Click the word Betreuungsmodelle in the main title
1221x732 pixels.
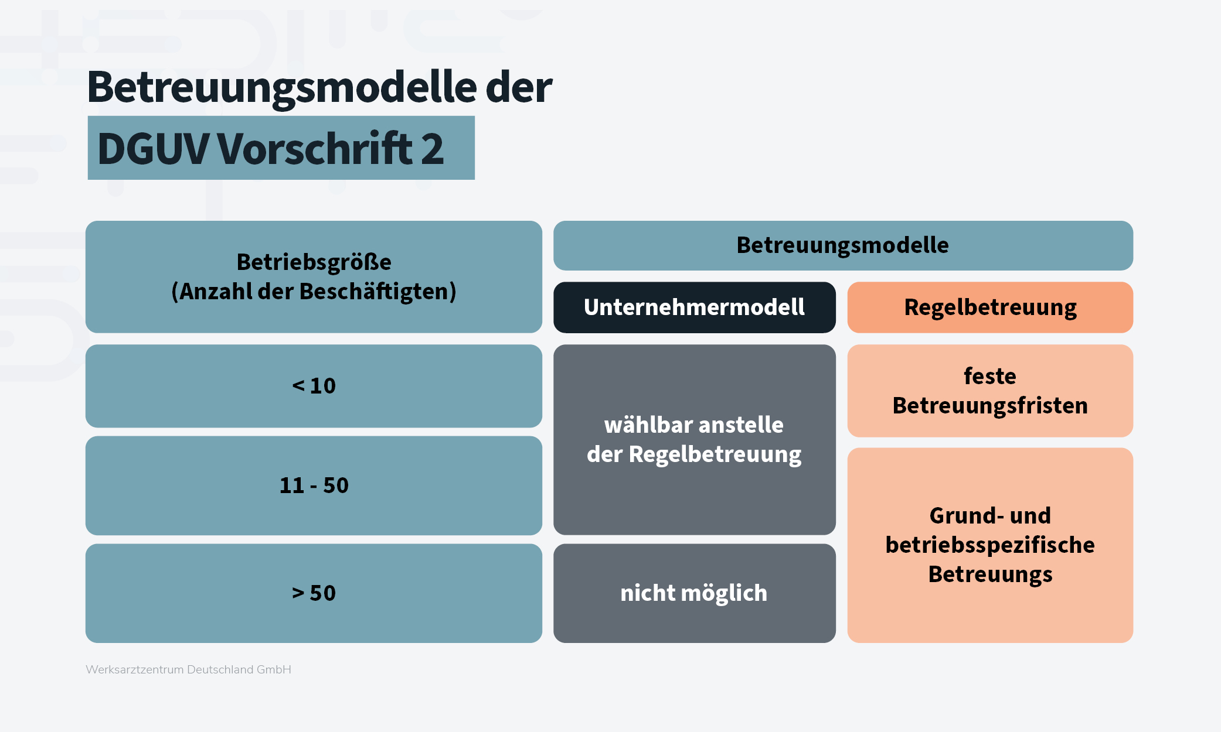282,87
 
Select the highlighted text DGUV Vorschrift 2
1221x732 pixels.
270,149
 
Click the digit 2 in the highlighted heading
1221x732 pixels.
432,149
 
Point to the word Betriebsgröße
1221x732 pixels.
314,262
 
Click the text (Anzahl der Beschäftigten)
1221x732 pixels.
314,291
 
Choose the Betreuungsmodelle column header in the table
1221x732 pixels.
842,245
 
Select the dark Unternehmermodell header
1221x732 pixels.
694,307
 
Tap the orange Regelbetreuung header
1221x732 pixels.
990,307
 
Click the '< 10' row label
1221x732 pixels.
314,386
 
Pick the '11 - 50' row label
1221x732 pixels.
314,485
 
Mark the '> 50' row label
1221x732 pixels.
314,593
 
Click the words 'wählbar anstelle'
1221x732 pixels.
694,425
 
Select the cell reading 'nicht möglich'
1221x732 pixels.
694,593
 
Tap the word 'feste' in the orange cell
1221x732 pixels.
990,376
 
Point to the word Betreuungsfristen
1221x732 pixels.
990,405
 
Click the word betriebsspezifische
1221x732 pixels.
990,545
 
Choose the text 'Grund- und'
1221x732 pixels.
990,515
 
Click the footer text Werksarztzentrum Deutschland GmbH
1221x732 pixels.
188,669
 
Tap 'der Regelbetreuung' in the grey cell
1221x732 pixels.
694,454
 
